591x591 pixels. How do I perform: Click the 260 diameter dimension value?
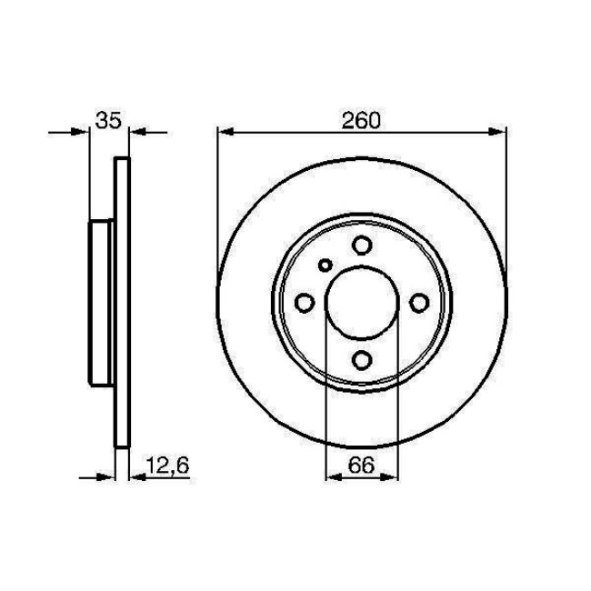click(x=362, y=119)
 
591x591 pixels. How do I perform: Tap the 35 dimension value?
click(x=107, y=120)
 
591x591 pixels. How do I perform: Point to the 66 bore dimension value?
click(x=362, y=466)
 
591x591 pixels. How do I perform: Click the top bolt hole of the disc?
click(x=362, y=245)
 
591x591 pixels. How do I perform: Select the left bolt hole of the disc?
click(x=306, y=302)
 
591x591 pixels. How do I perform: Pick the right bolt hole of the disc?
click(x=418, y=302)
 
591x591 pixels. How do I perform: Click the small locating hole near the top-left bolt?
click(x=326, y=265)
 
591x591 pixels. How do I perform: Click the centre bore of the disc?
click(x=362, y=302)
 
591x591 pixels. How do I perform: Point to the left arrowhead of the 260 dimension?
click(x=226, y=131)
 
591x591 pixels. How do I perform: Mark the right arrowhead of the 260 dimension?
click(x=497, y=131)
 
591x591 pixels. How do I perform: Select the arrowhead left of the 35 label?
click(x=83, y=131)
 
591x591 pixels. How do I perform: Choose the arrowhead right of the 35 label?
click(x=135, y=131)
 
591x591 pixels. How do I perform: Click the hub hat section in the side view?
click(x=99, y=302)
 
